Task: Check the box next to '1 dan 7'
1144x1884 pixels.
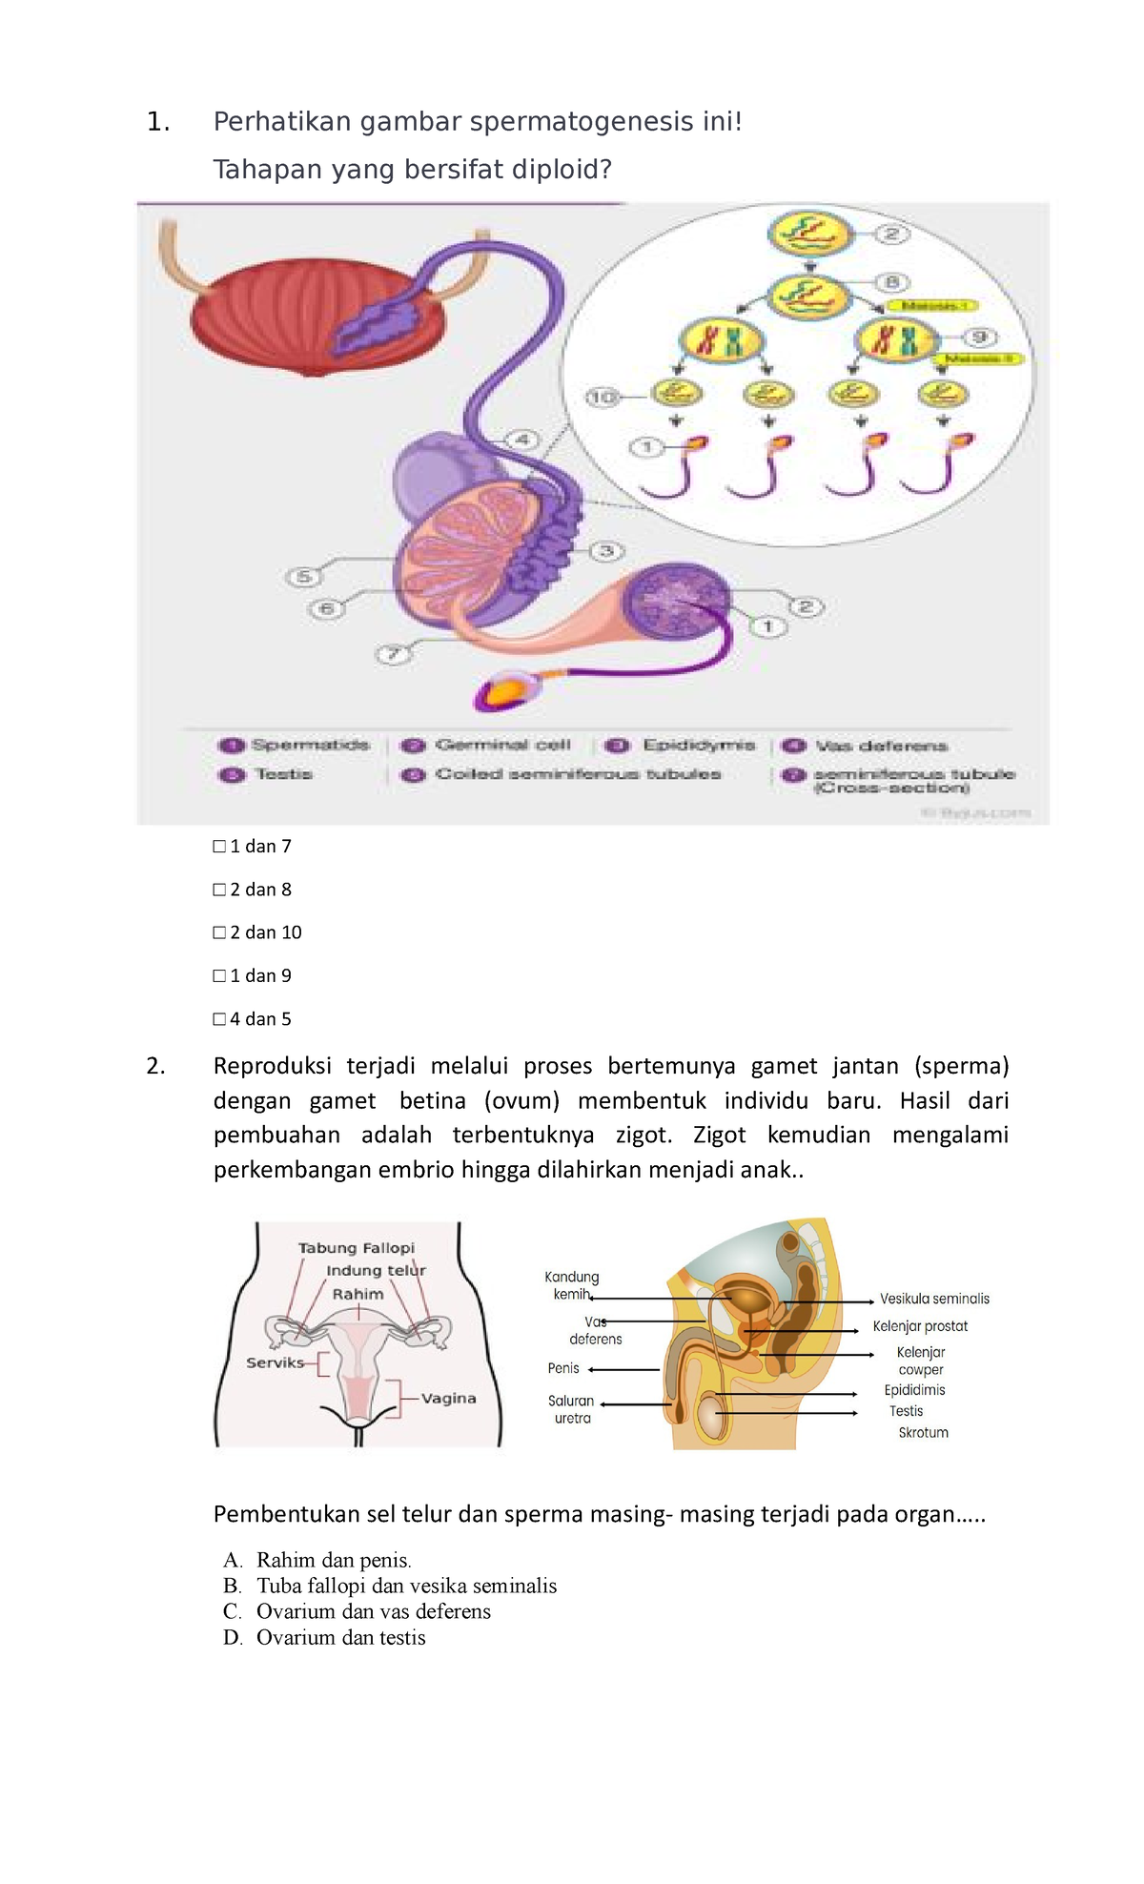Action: (x=219, y=847)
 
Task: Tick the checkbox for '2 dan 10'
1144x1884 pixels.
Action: (x=219, y=932)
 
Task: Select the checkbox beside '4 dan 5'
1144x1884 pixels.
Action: (x=219, y=1019)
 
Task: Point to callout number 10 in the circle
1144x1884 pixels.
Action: (x=603, y=397)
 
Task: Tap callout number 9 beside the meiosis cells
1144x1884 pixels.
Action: (x=979, y=337)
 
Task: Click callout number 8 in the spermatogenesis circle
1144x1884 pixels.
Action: (x=892, y=282)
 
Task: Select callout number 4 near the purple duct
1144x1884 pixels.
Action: (x=521, y=440)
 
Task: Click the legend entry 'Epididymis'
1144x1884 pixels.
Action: (x=698, y=746)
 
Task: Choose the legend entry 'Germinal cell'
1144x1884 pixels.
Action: (x=502, y=746)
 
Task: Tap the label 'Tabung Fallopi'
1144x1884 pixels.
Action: (x=357, y=1248)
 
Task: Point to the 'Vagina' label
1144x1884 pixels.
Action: (x=448, y=1399)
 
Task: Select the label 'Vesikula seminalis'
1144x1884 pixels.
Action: (x=934, y=1299)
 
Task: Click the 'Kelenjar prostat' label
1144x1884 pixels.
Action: (x=920, y=1326)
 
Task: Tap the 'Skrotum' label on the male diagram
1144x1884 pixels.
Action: (x=923, y=1433)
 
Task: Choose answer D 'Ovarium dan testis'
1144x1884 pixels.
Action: (x=340, y=1638)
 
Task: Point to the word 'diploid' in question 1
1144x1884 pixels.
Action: (x=558, y=170)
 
